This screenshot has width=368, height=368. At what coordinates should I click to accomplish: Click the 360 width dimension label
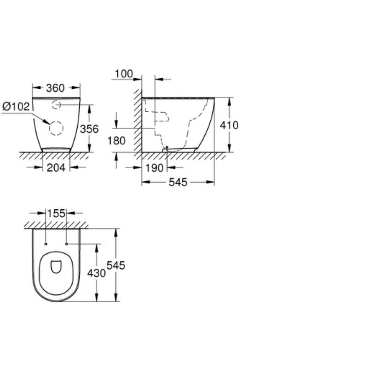click(x=55, y=88)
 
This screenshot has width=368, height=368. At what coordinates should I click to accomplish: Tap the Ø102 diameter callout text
click(x=16, y=107)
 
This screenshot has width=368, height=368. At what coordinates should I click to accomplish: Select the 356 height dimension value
click(x=89, y=129)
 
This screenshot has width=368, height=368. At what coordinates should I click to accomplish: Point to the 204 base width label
click(x=56, y=167)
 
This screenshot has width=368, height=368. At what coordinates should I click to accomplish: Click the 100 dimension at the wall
click(x=124, y=74)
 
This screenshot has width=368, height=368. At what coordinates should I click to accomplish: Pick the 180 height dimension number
click(x=116, y=141)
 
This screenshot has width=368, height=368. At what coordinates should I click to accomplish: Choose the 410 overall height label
click(x=229, y=125)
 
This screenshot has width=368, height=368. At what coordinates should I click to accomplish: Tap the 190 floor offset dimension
click(x=155, y=168)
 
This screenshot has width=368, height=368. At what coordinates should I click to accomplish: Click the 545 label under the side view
click(x=178, y=182)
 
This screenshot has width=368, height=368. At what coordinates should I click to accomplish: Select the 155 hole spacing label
click(x=56, y=213)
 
